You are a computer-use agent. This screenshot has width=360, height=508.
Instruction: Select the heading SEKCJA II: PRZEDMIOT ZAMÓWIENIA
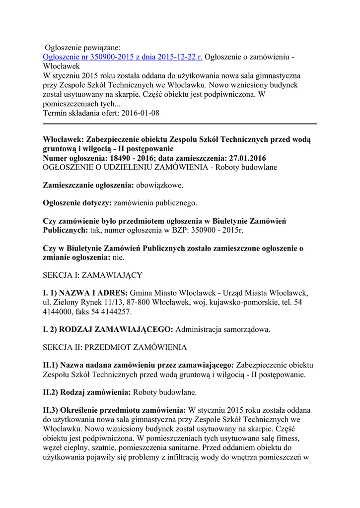[115, 346]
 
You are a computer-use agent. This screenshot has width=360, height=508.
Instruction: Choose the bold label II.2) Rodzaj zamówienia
[87, 392]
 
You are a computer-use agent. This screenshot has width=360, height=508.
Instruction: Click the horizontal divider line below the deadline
[180, 124]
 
